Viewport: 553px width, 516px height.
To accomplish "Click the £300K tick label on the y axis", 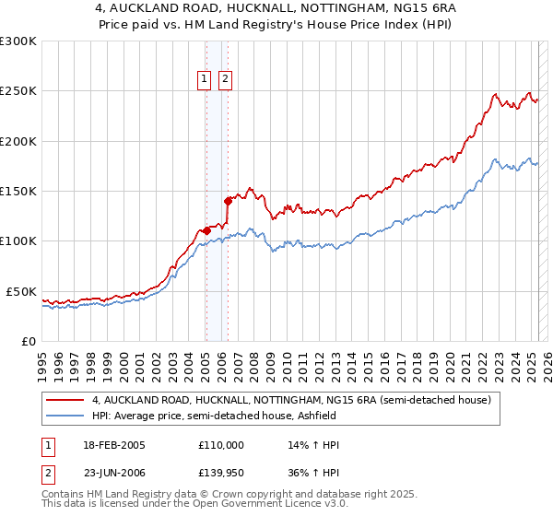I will coord(18,41).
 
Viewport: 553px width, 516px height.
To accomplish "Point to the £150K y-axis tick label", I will coord(18,192).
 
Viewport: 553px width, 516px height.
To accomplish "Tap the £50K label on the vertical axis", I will coord(21,291).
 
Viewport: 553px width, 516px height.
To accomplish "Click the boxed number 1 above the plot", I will coord(204,79).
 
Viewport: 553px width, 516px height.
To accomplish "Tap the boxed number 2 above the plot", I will coord(225,79).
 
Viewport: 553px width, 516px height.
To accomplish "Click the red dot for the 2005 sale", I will coord(206,230).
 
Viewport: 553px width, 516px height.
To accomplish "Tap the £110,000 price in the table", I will coord(221,445).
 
